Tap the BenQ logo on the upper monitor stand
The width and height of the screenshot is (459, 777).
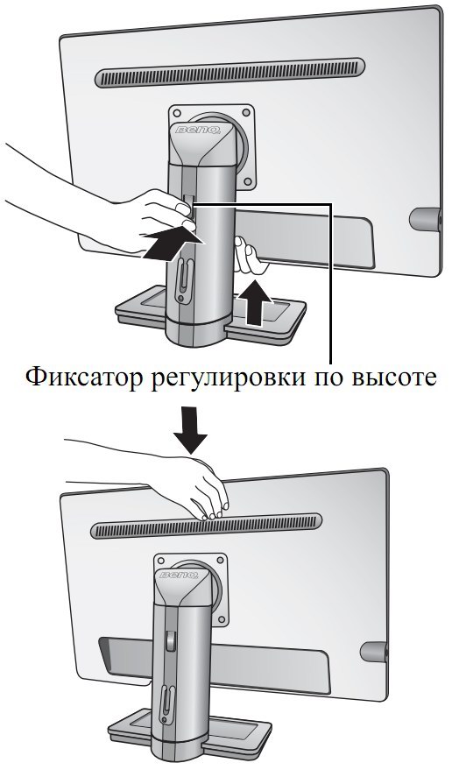[198, 131]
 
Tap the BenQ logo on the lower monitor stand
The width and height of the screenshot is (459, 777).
[179, 575]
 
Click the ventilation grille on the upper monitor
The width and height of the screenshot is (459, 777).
[229, 73]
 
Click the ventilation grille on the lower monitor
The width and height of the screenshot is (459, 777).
[206, 526]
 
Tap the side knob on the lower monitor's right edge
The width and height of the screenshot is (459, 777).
[373, 652]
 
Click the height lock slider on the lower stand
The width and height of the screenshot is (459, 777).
[170, 639]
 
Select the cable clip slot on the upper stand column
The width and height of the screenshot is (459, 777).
[182, 279]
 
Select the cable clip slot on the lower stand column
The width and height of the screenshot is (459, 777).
[166, 703]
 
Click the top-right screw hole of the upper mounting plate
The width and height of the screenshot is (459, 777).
[246, 112]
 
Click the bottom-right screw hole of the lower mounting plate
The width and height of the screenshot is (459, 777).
[222, 620]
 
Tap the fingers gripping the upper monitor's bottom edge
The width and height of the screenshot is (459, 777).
[249, 255]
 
